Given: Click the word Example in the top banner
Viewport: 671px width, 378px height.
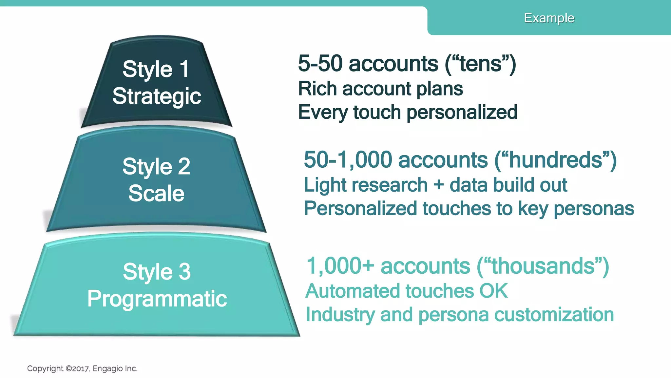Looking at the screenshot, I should [x=549, y=18].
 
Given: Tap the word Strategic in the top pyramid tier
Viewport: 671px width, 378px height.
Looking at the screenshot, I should [x=157, y=96].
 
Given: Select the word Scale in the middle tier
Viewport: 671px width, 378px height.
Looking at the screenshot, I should [x=156, y=193].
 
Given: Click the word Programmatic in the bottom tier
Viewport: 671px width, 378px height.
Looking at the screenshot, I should [x=157, y=299].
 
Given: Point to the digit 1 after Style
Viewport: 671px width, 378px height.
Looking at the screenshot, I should [x=184, y=69].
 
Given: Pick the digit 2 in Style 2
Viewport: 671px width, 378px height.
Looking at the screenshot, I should [x=184, y=166].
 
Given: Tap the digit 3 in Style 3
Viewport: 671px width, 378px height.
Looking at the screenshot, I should [x=184, y=272].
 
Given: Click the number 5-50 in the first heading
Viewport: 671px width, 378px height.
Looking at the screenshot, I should [x=320, y=63].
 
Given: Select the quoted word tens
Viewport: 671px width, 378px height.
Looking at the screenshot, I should [x=480, y=63].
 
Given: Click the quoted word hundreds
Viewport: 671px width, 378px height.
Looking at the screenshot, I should [x=555, y=160].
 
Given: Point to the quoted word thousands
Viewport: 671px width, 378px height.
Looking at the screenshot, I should [x=543, y=266].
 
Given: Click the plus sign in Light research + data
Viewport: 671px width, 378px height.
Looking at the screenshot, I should [x=438, y=185].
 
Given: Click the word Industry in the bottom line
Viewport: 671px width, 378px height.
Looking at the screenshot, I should [x=340, y=315].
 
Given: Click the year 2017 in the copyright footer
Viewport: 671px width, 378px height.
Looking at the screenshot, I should [x=80, y=369].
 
